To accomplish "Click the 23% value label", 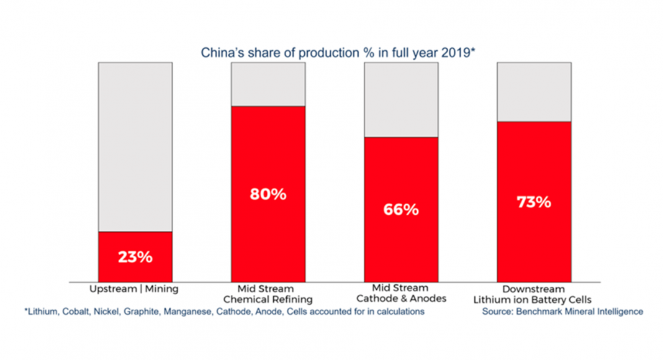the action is tap(135, 257).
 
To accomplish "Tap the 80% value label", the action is tap(268, 194).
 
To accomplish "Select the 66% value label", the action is tap(401, 210).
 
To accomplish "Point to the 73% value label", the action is tap(534, 202).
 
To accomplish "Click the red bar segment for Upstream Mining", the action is tap(135, 256).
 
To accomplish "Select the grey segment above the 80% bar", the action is tap(268, 84).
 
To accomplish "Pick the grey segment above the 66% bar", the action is tap(401, 100).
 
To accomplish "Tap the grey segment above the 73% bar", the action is tap(534, 92).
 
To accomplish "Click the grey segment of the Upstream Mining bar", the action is tap(135, 147).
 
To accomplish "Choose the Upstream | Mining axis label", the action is tap(134, 289).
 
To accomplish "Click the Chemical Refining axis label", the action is tap(268, 300).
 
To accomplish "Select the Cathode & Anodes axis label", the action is tap(401, 299).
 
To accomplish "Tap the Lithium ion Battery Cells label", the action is tap(533, 300).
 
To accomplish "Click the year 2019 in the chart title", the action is tap(455, 53).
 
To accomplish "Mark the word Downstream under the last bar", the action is tap(534, 289).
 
